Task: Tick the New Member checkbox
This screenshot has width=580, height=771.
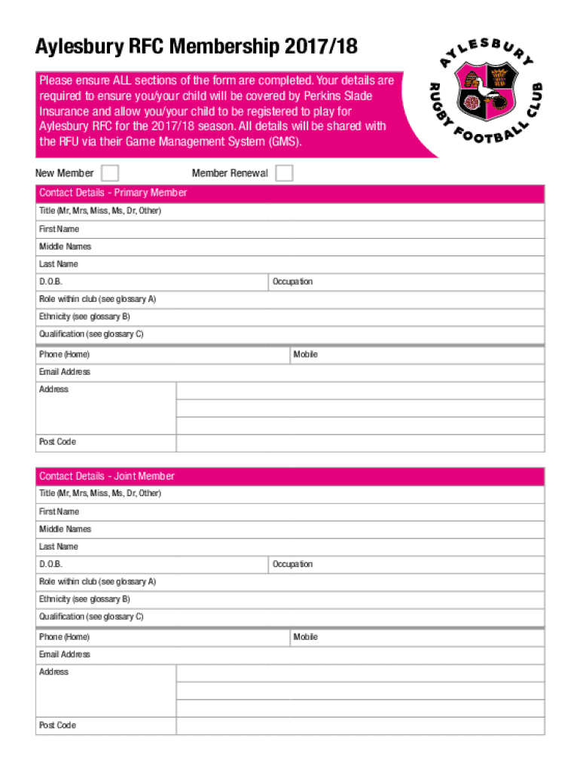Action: [110, 173]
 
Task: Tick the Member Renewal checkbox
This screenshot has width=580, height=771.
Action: [284, 173]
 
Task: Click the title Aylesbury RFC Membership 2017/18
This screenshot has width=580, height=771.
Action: [196, 49]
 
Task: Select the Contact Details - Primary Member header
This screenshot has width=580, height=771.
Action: [113, 193]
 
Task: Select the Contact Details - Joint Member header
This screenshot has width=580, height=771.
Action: [107, 476]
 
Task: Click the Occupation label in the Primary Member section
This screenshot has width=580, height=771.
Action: [293, 282]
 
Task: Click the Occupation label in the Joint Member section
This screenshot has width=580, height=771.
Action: [293, 564]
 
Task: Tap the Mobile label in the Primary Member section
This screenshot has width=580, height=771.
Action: [306, 354]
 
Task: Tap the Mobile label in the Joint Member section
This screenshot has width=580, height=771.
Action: [306, 637]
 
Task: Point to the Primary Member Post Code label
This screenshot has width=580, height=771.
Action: [57, 442]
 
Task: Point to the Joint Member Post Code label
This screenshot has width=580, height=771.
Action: [57, 725]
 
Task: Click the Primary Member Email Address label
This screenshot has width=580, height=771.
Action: [65, 372]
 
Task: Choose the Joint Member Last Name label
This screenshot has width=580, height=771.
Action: [59, 547]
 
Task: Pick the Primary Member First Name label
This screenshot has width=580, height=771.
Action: [59, 229]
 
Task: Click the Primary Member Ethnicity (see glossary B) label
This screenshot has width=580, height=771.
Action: [84, 316]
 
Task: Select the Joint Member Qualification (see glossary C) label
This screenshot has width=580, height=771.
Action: [91, 617]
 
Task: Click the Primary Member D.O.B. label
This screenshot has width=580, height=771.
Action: [51, 282]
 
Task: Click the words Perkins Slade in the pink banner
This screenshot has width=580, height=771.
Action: [337, 96]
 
